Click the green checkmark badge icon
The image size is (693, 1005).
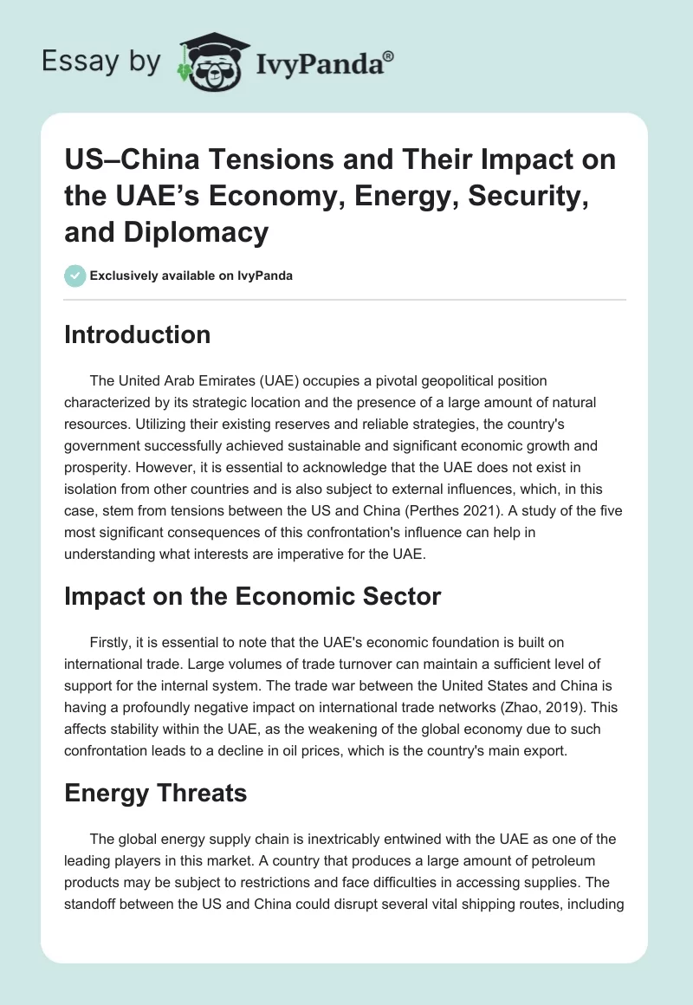(74, 276)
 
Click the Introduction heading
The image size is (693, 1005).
(137, 335)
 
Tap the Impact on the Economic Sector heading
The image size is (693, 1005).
(253, 596)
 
